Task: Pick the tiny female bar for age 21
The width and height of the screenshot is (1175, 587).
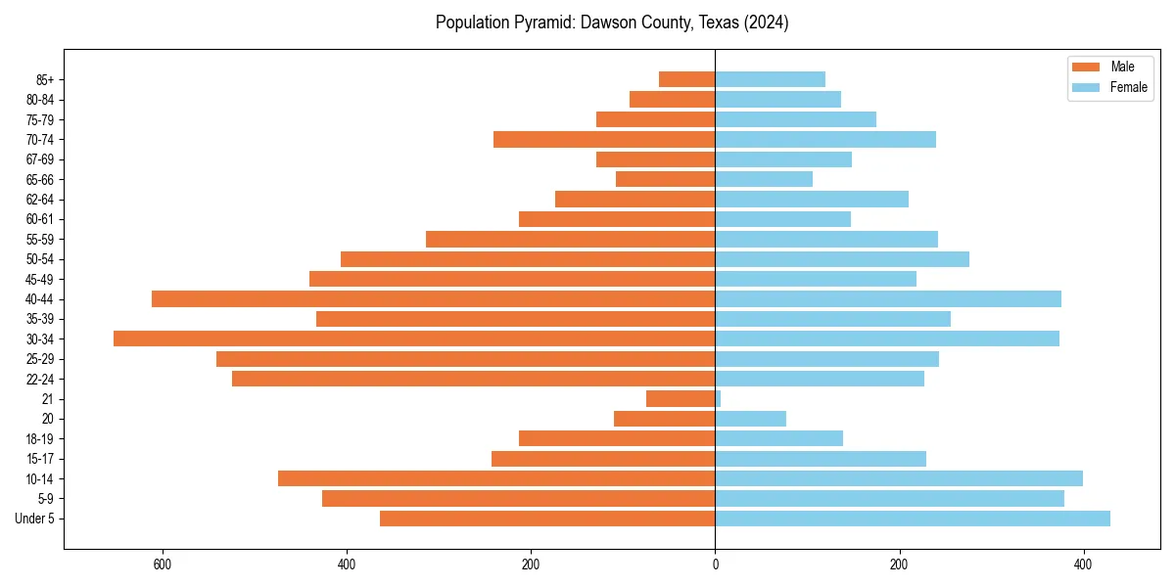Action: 718,398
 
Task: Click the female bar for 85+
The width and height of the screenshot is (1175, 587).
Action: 770,79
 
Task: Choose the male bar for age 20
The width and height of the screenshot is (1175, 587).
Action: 664,419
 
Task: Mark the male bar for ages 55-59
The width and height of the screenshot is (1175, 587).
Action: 570,239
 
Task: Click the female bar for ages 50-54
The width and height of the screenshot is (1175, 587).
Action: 842,259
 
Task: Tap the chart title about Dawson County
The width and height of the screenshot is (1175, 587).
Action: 612,23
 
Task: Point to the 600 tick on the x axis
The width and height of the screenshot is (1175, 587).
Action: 163,564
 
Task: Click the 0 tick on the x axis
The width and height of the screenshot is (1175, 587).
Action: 715,564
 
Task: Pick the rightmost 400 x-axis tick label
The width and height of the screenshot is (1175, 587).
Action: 1083,564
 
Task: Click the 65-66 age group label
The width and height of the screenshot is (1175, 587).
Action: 40,179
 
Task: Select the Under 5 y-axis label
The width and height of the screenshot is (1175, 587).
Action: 34,519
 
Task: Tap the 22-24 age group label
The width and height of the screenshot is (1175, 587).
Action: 40,379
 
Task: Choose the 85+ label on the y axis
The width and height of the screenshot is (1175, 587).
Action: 44,79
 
